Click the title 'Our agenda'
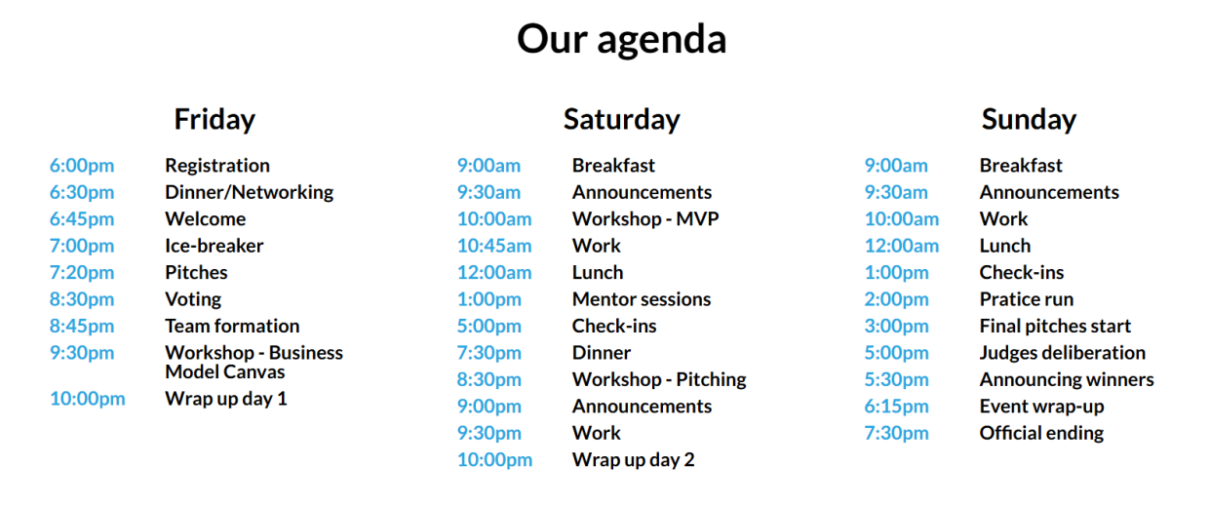tap(622, 40)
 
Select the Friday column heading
tap(214, 120)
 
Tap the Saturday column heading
tap(622, 120)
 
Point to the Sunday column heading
tap(1029, 120)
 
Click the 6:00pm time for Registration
tap(82, 166)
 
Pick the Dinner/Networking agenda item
tap(250, 193)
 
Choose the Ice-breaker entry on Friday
tap(214, 246)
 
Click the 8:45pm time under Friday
tap(82, 327)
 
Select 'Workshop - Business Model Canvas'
tap(253, 362)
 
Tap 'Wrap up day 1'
tap(226, 399)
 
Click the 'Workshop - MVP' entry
tap(645, 219)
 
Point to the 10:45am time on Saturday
tap(494, 246)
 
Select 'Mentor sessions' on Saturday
tap(642, 299)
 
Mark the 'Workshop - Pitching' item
tap(659, 380)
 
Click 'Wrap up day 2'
tap(633, 460)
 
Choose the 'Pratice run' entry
tap(1027, 299)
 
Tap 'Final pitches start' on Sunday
tap(1055, 327)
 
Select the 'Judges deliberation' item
tap(1063, 353)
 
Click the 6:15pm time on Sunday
tap(896, 407)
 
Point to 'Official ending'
tap(1041, 433)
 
